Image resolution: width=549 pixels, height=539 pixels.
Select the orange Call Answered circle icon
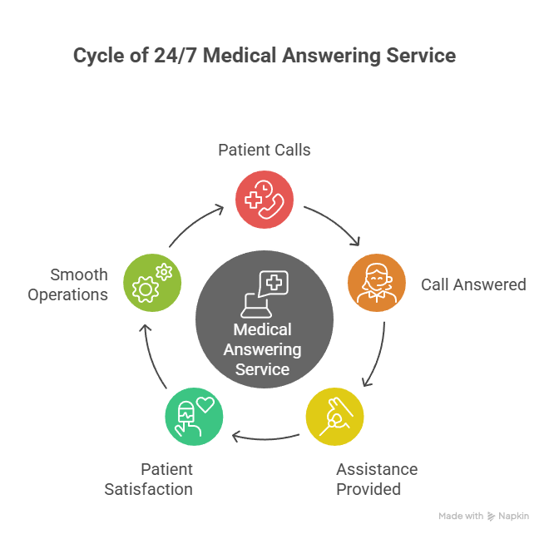[376, 284]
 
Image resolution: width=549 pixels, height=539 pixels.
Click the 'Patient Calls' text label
[265, 151]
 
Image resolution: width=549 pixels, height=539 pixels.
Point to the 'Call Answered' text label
[472, 284]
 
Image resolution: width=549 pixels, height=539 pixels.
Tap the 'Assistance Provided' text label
[376, 479]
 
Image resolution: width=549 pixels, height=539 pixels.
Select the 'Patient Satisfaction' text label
[149, 479]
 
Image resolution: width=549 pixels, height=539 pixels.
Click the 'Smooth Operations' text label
[68, 284]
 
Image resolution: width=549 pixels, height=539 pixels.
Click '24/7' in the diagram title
[171, 57]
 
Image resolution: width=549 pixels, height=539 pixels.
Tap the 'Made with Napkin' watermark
[483, 517]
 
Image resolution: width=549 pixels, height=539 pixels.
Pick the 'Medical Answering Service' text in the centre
[264, 350]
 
